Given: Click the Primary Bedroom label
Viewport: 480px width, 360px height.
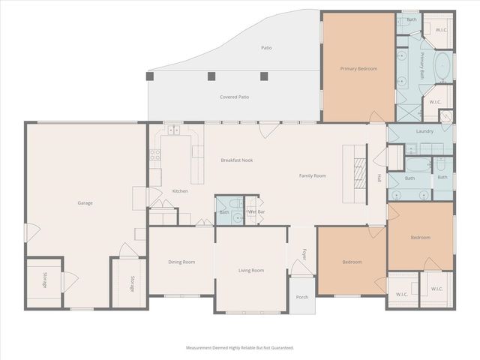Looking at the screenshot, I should coord(358,68).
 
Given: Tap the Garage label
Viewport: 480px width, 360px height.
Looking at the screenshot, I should coord(85,202).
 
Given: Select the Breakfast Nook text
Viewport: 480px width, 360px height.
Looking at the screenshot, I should coord(236,160).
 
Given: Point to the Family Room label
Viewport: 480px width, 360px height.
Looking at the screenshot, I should coord(313,175).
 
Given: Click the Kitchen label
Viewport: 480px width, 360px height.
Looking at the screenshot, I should coord(180,191).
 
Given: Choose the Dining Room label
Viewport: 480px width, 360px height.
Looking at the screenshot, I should coord(181,262).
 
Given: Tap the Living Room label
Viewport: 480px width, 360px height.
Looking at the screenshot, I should coord(251,270).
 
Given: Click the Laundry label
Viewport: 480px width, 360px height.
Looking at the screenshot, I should coord(425,131).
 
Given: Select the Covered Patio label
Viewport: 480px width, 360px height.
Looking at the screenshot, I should coord(234,97).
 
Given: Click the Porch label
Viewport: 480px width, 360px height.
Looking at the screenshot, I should coord(302,297).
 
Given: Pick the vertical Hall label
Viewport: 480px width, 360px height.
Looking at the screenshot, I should coord(379,178).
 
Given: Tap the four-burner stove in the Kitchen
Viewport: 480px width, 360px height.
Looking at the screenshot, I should coord(155,156).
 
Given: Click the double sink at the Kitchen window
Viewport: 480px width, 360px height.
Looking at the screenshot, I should coord(175,130).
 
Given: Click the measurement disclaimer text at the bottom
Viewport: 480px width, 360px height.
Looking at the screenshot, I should coord(240,348).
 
